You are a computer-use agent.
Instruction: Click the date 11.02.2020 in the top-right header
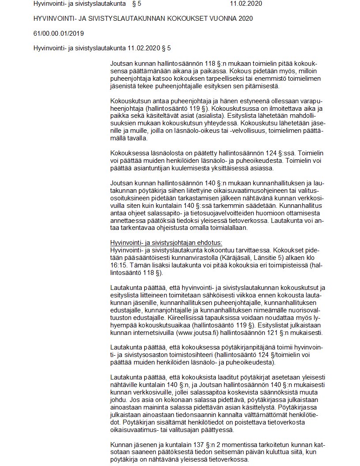[246, 4]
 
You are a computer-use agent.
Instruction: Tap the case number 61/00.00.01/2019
[59, 33]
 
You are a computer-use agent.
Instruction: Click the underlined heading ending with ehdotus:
[166, 243]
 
